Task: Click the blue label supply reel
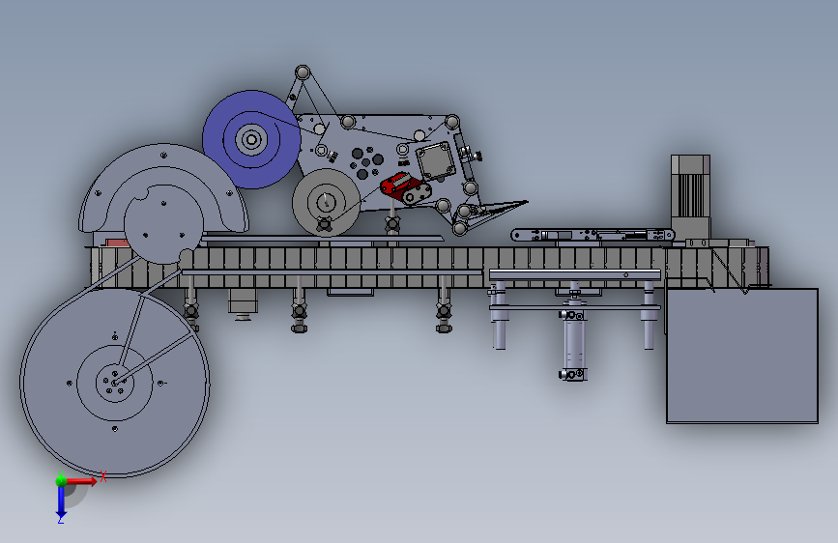[251, 139]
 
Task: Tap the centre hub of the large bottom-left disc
[114, 383]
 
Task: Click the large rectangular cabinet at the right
[741, 356]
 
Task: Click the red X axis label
[103, 476]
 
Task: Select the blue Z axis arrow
[61, 500]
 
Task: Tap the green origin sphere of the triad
[62, 480]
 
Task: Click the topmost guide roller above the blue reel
[303, 72]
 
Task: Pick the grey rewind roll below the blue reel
[326, 202]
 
